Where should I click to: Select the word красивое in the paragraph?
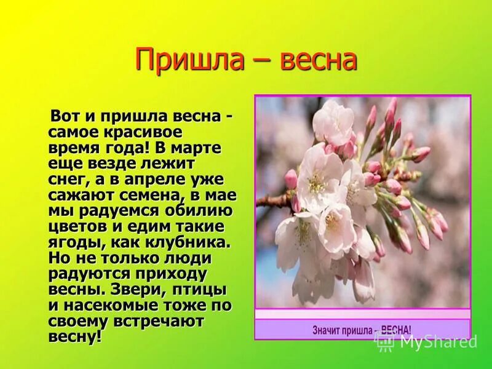140,132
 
